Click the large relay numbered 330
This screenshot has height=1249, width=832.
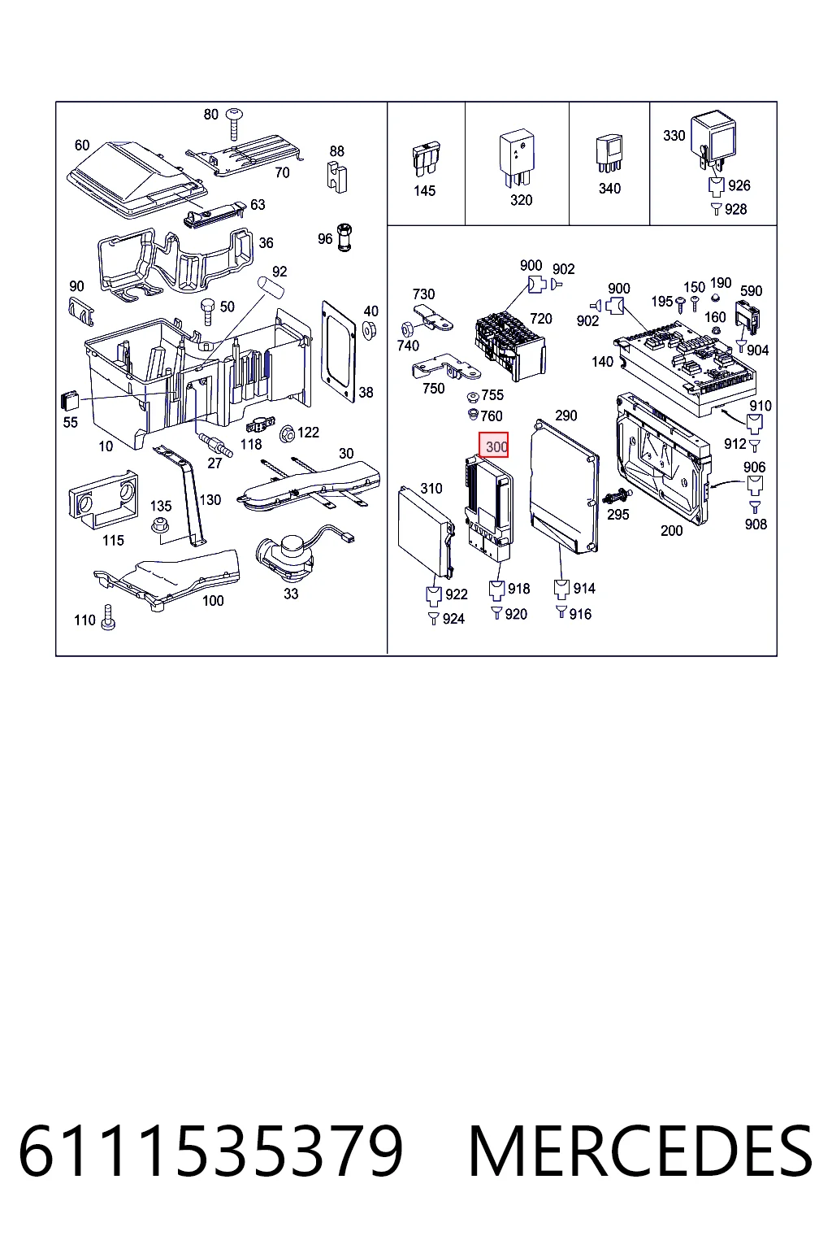point(713,141)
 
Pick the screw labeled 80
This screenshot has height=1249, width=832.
point(234,124)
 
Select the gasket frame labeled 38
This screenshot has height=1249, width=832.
point(338,351)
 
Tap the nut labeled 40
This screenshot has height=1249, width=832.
point(369,330)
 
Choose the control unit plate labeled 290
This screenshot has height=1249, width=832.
point(564,486)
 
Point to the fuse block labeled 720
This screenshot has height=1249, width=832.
point(510,346)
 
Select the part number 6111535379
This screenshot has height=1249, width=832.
point(210,1151)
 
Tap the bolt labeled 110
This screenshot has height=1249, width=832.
point(108,618)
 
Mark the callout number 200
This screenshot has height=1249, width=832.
point(671,531)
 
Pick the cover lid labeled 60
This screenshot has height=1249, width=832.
point(137,180)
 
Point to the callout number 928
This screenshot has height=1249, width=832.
point(735,209)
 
